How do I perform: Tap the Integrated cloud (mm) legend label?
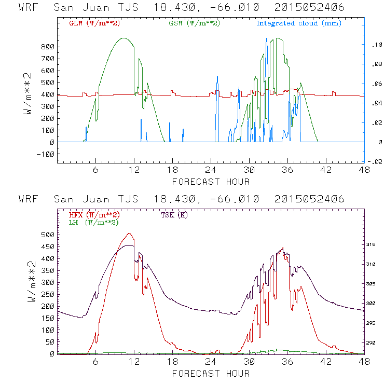(298, 23)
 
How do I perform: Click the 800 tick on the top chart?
(47, 46)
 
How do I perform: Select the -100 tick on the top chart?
(45, 154)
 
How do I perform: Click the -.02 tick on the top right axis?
(375, 162)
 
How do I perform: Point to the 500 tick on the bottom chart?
(47, 235)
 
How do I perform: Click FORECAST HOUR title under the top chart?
(211, 182)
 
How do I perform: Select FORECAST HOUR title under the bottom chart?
(211, 374)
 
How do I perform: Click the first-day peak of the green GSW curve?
(124, 38)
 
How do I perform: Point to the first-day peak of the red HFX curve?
(129, 234)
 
